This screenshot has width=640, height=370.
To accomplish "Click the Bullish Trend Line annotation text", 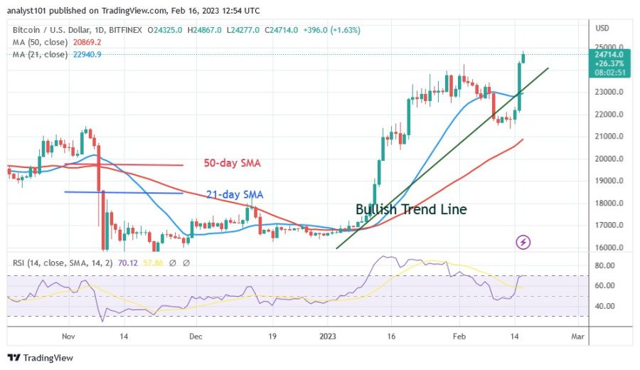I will (x=412, y=209).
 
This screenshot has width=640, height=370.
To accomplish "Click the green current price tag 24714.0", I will (x=611, y=54).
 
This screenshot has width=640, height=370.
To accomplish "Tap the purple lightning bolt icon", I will (x=523, y=243).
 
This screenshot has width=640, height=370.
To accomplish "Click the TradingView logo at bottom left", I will (x=41, y=358).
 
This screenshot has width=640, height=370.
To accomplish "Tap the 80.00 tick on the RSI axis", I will (x=605, y=265).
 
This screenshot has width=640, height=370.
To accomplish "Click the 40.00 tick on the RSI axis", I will (x=605, y=306).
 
